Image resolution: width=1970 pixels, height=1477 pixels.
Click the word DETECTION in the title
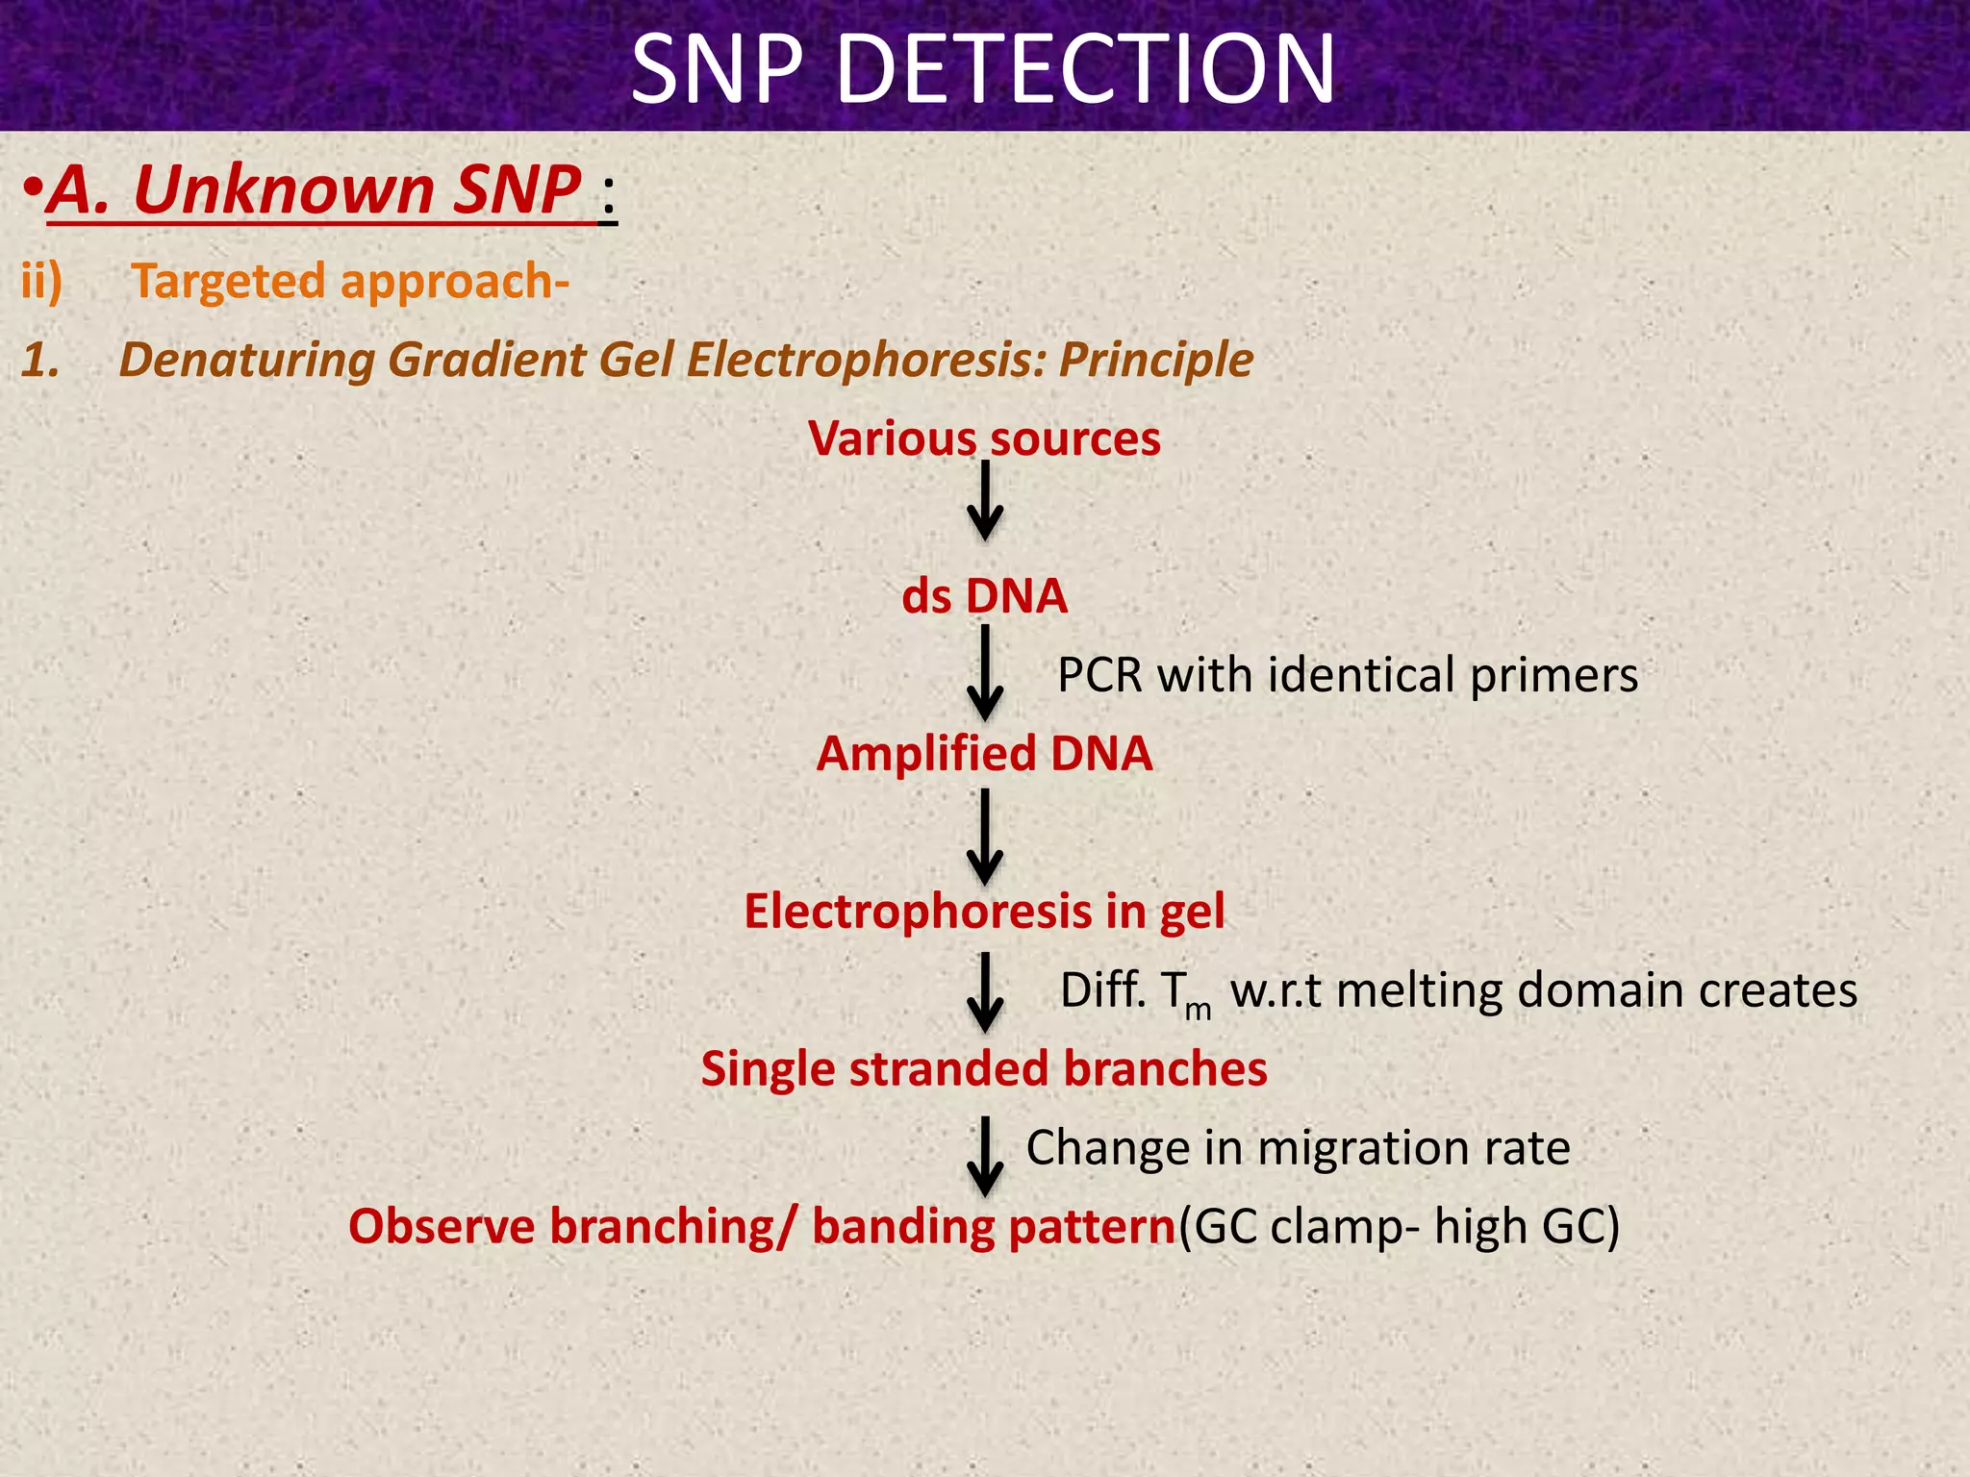[1086, 69]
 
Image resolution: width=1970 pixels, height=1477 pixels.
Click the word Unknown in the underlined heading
[285, 189]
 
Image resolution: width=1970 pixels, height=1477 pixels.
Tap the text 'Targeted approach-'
[350, 282]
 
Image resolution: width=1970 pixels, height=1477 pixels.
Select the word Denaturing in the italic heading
[247, 360]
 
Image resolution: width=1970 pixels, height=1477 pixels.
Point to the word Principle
[1155, 360]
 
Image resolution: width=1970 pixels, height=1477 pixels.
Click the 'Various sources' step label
[984, 439]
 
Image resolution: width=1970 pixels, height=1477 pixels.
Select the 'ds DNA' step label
[984, 596]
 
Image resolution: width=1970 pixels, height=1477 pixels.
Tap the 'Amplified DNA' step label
[984, 754]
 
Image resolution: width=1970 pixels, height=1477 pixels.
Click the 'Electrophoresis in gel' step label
[984, 912]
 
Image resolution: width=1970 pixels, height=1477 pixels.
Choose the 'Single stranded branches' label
[984, 1069]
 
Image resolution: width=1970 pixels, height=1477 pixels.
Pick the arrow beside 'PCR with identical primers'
[985, 673]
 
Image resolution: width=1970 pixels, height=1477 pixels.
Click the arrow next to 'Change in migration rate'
[985, 1156]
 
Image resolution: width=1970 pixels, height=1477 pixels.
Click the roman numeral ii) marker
[41, 282]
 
